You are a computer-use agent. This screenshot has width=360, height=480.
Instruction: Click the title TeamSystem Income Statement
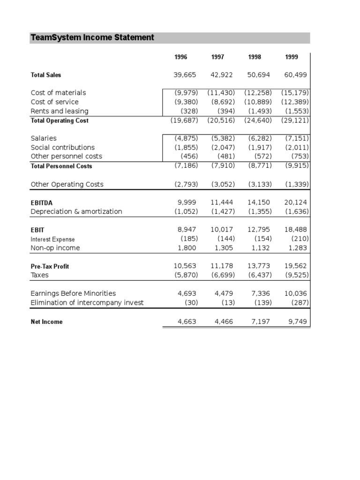click(x=92, y=37)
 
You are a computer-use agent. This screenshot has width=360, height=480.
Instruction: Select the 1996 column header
click(x=180, y=57)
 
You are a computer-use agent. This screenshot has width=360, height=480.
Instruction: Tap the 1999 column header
click(x=291, y=57)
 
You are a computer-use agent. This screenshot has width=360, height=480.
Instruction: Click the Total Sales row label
click(x=46, y=75)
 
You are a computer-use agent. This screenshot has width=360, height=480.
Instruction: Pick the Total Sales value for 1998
click(x=259, y=75)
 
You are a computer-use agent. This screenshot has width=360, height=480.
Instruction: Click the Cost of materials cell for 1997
click(x=221, y=93)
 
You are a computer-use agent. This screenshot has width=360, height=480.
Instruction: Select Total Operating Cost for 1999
click(x=295, y=120)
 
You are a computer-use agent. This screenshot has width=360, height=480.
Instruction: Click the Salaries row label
click(x=44, y=138)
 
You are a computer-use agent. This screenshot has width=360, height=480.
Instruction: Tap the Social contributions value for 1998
click(x=260, y=147)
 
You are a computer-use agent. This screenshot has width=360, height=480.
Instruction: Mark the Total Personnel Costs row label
click(x=61, y=166)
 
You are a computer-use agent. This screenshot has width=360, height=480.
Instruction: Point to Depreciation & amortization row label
click(x=76, y=211)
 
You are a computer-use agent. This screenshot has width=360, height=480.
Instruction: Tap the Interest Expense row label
click(x=52, y=239)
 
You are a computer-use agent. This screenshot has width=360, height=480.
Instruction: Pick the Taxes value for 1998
click(x=260, y=275)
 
